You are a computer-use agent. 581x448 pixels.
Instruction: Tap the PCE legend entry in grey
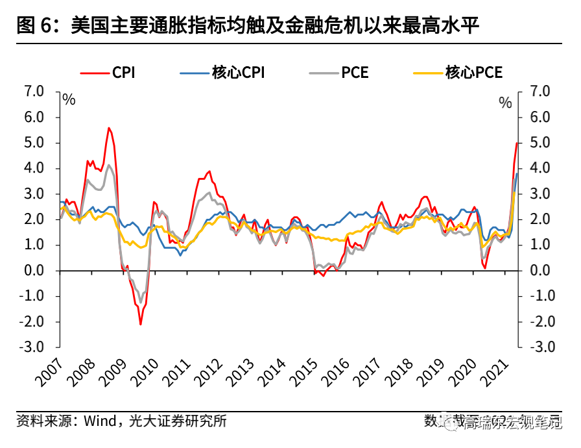pyautogui.click(x=354, y=72)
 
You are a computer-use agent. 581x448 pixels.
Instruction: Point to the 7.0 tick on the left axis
pyautogui.click(x=33, y=92)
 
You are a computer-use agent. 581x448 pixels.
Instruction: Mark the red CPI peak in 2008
pyautogui.click(x=109, y=128)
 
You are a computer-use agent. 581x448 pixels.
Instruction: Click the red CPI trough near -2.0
pyautogui.click(x=140, y=324)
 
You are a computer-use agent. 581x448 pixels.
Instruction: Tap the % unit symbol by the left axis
pyautogui.click(x=69, y=101)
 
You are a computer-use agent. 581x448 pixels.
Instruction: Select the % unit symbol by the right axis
pyautogui.click(x=505, y=102)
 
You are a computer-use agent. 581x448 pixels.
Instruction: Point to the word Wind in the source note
pyautogui.click(x=99, y=421)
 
